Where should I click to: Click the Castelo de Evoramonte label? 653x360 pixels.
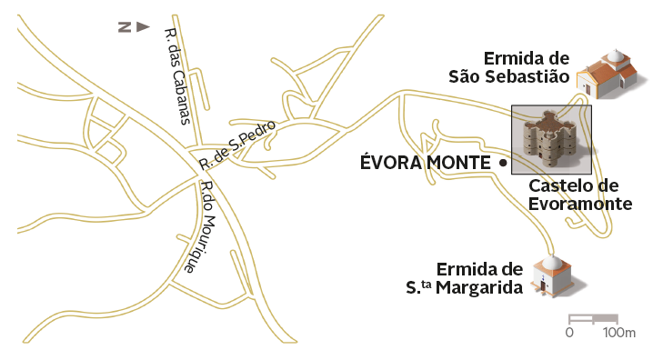pyautogui.click(x=580, y=195)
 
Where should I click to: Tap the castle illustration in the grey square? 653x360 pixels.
pyautogui.click(x=551, y=138)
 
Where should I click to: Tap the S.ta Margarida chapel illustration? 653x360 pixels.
pyautogui.click(x=551, y=275)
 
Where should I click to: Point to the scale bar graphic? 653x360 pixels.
pyautogui.click(x=593, y=319)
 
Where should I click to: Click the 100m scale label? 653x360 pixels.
pyautogui.click(x=618, y=334)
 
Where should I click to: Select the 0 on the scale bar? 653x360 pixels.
pyautogui.click(x=569, y=334)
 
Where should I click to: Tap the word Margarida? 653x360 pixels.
pyautogui.click(x=485, y=288)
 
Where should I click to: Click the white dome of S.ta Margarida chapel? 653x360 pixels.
pyautogui.click(x=551, y=263)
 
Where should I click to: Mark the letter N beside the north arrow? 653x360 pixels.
pyautogui.click(x=123, y=27)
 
